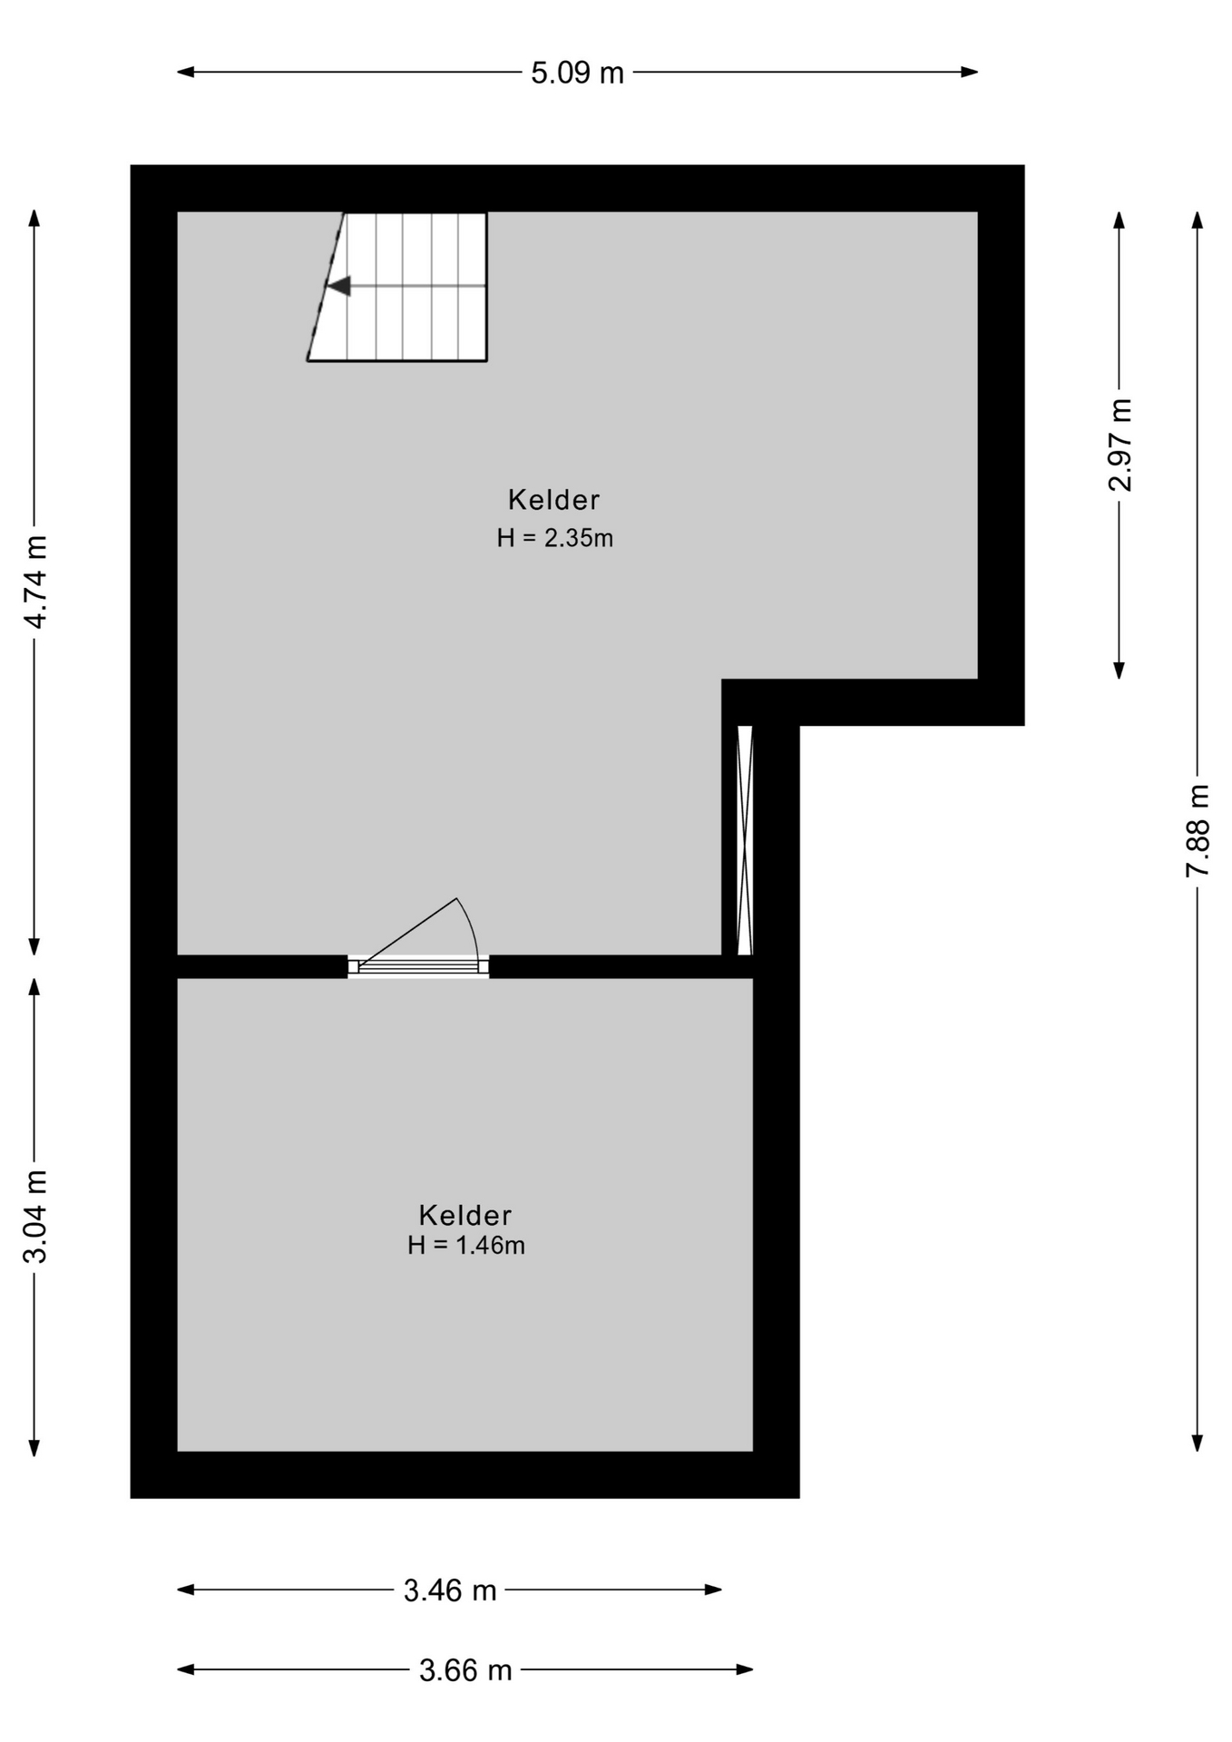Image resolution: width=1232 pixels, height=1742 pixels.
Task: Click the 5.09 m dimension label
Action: pos(577,73)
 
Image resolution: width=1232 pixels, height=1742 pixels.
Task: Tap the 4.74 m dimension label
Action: pos(35,582)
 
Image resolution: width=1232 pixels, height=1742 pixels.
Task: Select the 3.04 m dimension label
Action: pos(35,1217)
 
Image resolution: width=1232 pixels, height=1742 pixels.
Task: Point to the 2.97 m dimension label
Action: pos(1120,445)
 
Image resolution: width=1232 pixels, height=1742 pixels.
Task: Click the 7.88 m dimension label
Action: pos(1198,830)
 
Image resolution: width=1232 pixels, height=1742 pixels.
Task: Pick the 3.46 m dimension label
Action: pos(450,1590)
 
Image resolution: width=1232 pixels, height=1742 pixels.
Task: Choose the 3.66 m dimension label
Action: pos(465,1670)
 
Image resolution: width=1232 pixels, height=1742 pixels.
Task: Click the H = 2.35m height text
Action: pos(554,538)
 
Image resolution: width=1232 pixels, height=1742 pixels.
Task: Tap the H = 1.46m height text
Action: pos(465,1245)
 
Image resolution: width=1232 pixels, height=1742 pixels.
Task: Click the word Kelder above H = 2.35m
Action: pos(553,499)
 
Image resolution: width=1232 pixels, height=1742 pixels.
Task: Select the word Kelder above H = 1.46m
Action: pos(464,1215)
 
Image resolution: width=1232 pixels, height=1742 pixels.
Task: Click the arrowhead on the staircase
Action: pos(338,286)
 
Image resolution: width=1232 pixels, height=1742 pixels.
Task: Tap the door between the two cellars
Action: pos(419,964)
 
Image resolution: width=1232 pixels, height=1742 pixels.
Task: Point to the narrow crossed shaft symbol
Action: pos(745,840)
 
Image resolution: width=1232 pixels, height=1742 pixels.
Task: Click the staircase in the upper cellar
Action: pos(397,287)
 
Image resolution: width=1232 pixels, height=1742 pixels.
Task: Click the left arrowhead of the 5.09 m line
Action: pos(185,72)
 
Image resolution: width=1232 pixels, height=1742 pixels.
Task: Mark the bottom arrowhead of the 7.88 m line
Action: pos(1198,1442)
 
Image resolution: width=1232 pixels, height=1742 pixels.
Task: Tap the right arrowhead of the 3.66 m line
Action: pos(745,1669)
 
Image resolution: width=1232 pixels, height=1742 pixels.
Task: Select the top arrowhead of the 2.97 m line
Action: pos(1120,220)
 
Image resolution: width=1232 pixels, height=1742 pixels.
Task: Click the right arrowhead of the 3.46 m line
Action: pos(713,1590)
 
